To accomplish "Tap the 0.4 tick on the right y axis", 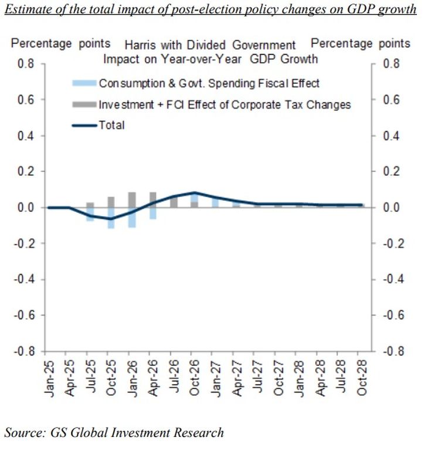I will [392, 136].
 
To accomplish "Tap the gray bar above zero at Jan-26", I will [132, 200].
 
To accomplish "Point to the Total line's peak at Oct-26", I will [195, 192].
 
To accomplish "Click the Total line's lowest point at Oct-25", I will [110, 219].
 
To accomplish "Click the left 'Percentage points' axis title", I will [60, 43].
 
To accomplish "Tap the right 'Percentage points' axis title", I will [361, 43].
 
